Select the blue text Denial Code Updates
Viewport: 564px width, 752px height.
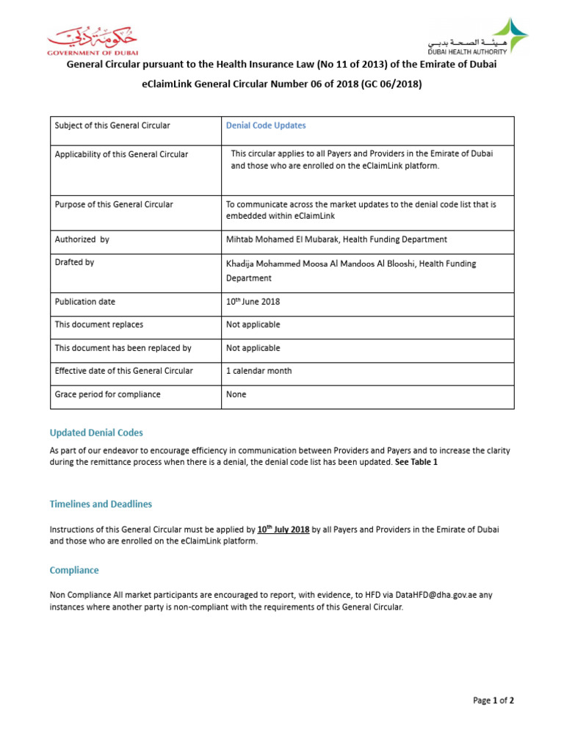coord(266,126)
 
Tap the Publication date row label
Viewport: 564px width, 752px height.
coord(84,302)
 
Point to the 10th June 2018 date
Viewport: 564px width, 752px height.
coord(253,301)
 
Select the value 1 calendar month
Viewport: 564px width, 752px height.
coord(258,371)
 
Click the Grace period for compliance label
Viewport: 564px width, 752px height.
coord(107,394)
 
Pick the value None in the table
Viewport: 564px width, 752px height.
coord(236,394)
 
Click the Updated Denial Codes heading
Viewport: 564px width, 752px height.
coord(96,433)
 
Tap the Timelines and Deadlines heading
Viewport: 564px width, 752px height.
coord(101,504)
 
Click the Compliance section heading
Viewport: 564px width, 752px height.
coord(73,570)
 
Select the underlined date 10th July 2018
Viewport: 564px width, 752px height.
coord(283,529)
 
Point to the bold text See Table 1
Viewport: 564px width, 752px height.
coord(416,463)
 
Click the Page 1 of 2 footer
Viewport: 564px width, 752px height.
coord(493,701)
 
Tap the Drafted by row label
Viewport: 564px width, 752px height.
coord(74,262)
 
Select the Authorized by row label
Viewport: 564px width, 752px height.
coord(82,239)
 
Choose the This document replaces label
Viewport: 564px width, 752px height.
coord(99,325)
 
